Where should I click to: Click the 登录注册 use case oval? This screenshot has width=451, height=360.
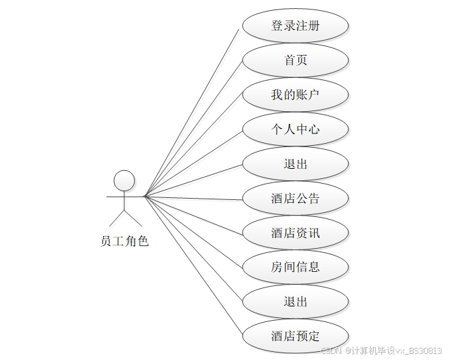click(296, 26)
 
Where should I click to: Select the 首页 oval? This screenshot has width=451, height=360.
click(296, 60)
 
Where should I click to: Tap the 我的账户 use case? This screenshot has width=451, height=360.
click(296, 95)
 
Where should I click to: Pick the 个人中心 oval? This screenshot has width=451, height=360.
click(296, 129)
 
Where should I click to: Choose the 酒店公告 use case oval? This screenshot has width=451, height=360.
click(296, 199)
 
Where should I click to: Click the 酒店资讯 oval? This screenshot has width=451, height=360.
click(296, 233)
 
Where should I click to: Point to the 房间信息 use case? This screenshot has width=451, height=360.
click(296, 267)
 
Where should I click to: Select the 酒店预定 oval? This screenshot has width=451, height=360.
click(296, 336)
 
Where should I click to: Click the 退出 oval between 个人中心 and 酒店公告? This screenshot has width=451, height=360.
click(296, 164)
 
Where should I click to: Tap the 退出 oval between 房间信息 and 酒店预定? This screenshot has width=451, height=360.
click(296, 302)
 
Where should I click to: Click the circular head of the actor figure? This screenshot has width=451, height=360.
click(124, 180)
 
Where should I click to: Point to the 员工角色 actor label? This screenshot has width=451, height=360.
click(124, 241)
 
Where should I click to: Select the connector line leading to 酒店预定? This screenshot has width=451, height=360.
click(193, 265)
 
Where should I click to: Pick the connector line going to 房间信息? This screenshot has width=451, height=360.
click(193, 231)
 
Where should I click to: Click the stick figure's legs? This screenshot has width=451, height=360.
click(125, 217)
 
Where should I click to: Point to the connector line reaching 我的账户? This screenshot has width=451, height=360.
click(193, 146)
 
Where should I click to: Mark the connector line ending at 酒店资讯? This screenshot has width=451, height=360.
click(193, 215)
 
